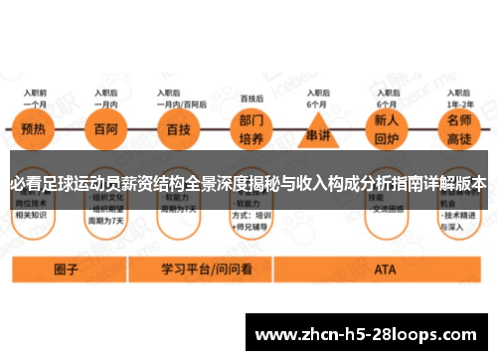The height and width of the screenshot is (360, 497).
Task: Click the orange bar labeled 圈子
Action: [67, 270]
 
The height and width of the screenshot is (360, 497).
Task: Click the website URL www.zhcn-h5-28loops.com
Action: [371, 333]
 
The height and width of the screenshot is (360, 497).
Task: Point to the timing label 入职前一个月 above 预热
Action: [36, 97]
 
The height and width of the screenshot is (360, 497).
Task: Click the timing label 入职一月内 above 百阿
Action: [106, 97]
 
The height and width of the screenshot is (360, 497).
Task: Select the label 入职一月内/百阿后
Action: [181, 97]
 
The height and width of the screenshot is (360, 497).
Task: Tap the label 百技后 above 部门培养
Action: [252, 98]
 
